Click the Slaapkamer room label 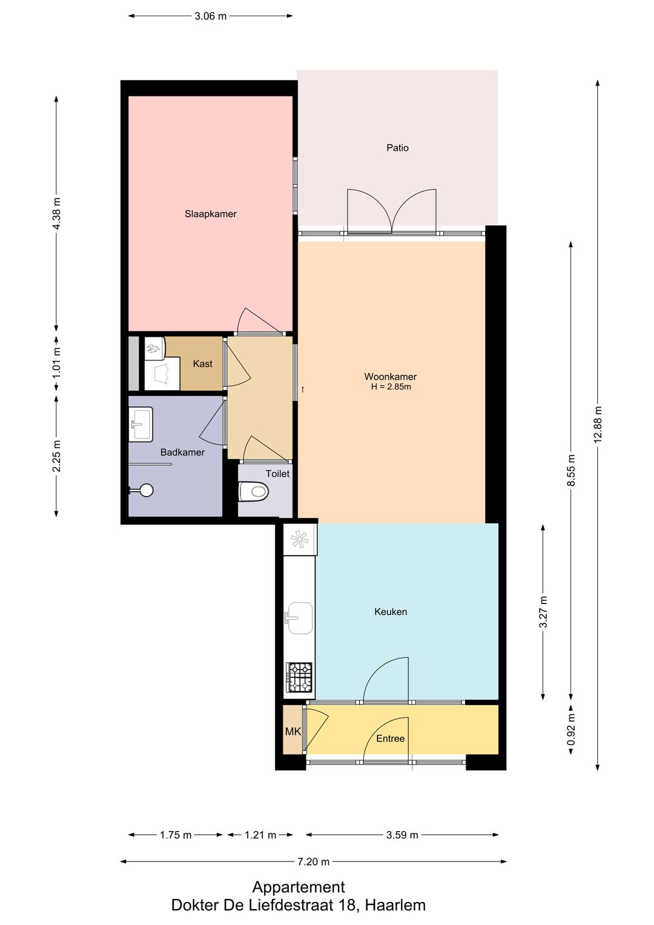(x=210, y=214)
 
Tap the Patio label (x=397, y=148)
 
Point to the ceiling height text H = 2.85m (x=391, y=387)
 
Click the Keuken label (x=391, y=612)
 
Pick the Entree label (x=390, y=738)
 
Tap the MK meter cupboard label (x=292, y=732)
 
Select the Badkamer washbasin (x=140, y=424)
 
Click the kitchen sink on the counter (x=300, y=617)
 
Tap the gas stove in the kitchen (x=299, y=677)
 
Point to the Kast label (x=203, y=364)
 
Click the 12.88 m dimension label (x=598, y=424)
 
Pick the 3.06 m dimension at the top (x=211, y=16)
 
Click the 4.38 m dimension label (x=56, y=213)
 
